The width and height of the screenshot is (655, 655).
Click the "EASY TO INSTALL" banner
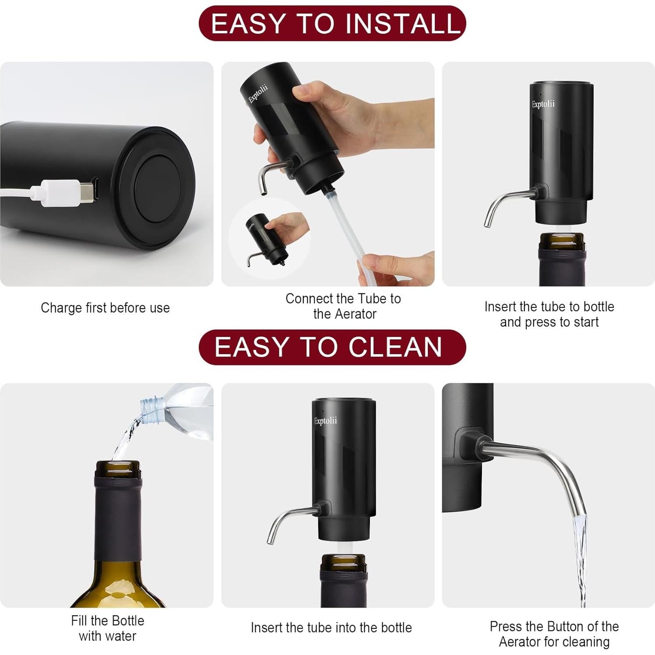(x=332, y=24)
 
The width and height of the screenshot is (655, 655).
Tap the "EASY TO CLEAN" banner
(x=332, y=347)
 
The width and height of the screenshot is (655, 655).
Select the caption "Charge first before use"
(x=105, y=308)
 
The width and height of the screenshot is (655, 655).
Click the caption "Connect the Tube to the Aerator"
(x=343, y=306)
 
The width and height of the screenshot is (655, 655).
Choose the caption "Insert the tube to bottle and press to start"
(x=549, y=314)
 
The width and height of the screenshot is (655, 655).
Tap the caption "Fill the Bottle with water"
(x=108, y=628)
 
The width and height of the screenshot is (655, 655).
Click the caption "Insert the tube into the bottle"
(x=331, y=628)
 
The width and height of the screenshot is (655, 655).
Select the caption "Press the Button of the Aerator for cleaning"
(x=554, y=634)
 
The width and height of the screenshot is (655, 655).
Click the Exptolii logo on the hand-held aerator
(x=258, y=94)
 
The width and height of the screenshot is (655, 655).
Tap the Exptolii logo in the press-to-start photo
(x=543, y=104)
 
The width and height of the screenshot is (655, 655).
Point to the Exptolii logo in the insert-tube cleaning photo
(x=326, y=421)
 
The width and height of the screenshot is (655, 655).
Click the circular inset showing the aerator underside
(x=270, y=239)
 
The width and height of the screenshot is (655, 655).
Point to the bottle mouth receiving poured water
(x=118, y=467)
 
